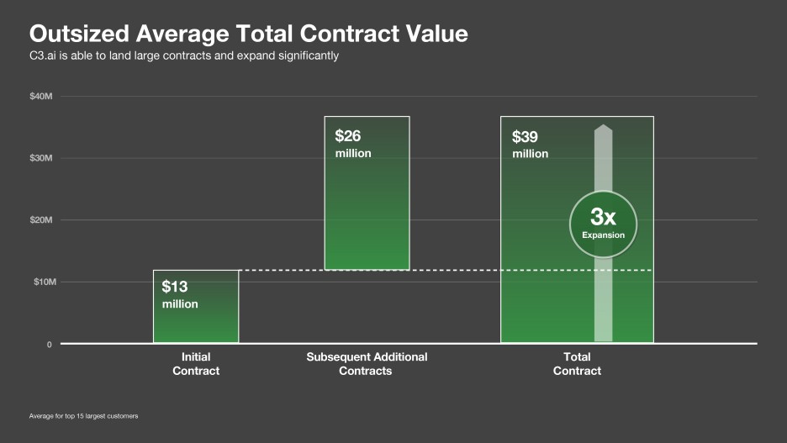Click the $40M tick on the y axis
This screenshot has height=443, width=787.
click(x=41, y=96)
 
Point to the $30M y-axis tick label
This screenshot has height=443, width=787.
click(x=41, y=158)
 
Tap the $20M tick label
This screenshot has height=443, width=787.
click(x=41, y=220)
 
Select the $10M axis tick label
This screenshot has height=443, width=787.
click(x=41, y=282)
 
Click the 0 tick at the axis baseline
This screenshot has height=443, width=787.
click(x=49, y=345)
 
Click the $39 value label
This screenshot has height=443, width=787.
click(x=526, y=137)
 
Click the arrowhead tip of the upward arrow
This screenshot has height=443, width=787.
click(x=603, y=127)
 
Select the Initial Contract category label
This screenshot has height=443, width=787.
click(x=196, y=363)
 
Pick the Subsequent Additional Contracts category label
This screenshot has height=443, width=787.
click(x=367, y=363)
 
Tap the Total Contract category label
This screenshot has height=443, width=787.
click(x=577, y=363)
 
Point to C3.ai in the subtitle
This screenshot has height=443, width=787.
click(x=43, y=55)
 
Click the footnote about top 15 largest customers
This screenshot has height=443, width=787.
click(x=83, y=416)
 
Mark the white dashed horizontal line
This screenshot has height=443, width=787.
click(x=446, y=270)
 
